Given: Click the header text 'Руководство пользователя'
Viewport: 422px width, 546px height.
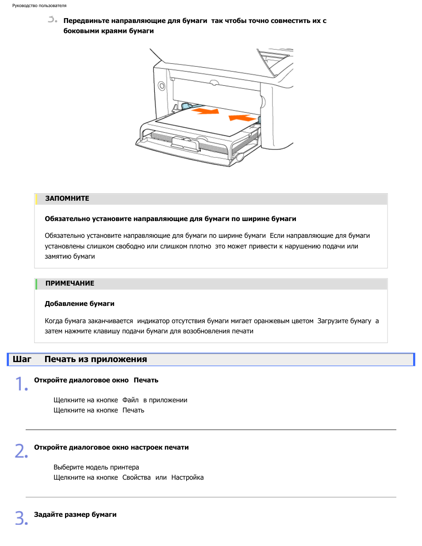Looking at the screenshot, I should click(39, 6).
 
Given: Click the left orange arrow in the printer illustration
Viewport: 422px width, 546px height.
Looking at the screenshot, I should click(206, 111).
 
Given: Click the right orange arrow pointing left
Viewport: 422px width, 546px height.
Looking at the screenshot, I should click(242, 118).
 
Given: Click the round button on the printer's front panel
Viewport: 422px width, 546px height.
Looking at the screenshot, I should click(161, 86).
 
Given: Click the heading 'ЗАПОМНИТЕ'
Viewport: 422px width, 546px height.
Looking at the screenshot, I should click(67, 199).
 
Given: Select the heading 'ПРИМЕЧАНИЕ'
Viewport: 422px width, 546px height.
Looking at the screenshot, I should click(70, 283).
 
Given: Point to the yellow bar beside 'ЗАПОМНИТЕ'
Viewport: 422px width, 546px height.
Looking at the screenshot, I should click(36, 199).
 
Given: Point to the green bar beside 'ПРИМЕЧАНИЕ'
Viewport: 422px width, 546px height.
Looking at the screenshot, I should click(36, 284).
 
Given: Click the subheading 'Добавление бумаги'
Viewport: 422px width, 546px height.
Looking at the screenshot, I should click(80, 304).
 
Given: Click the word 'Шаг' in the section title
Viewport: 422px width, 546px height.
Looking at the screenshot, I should click(22, 359).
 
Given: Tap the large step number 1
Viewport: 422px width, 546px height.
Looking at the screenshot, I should click(21, 384).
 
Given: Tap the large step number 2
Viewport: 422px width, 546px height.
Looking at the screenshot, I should click(21, 451).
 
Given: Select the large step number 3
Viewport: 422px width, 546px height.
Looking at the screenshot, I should click(21, 518).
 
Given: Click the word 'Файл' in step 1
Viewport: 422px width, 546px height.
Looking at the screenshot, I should click(130, 400).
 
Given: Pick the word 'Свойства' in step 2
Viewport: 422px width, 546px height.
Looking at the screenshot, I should click(136, 477).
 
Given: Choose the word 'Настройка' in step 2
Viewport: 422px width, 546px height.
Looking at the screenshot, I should click(188, 477).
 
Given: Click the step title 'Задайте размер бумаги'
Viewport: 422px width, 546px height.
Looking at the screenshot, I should click(75, 515).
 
